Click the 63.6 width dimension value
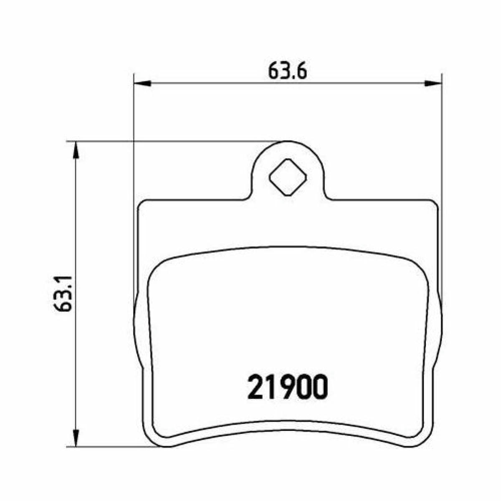click(287, 70)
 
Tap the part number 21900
click(287, 394)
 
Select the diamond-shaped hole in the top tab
click(288, 177)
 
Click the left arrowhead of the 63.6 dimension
click(142, 83)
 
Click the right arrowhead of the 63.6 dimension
click(433, 83)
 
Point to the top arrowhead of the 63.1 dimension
click(76, 150)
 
